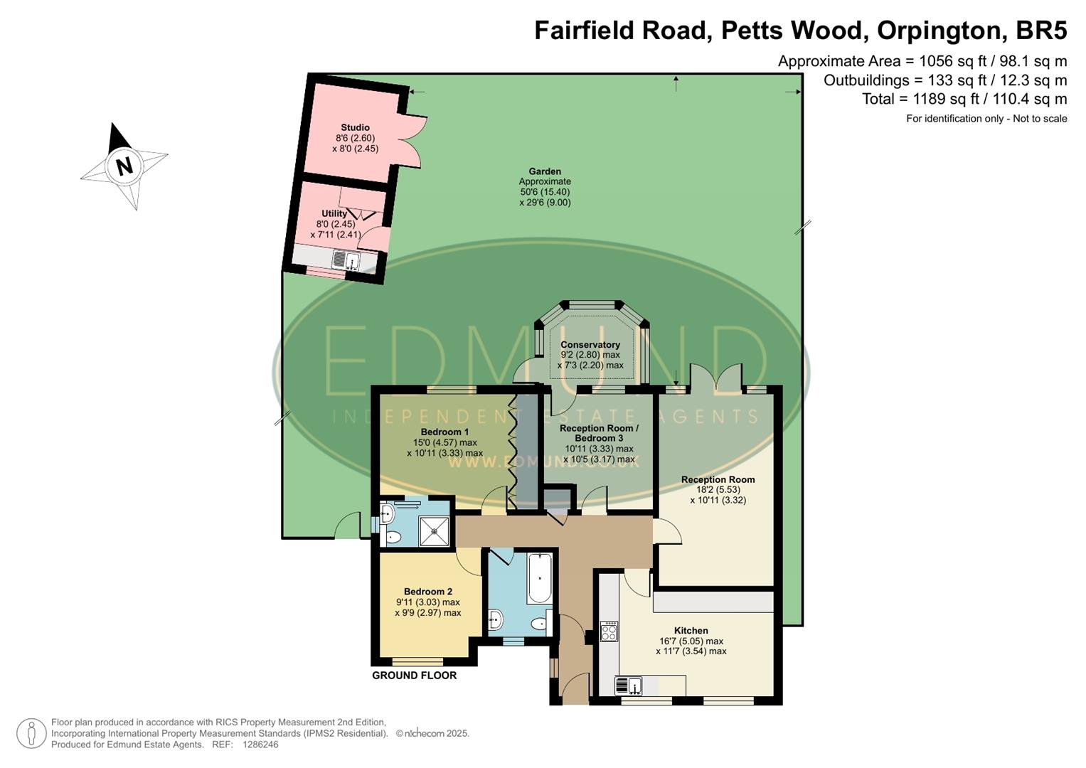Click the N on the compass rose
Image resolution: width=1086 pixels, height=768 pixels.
pyautogui.click(x=124, y=166)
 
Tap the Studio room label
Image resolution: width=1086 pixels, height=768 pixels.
pyautogui.click(x=355, y=128)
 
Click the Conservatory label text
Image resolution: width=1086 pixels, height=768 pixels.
pyautogui.click(x=590, y=345)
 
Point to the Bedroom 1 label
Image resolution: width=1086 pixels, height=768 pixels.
pyautogui.click(x=444, y=432)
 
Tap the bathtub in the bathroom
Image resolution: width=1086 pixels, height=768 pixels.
pyautogui.click(x=539, y=577)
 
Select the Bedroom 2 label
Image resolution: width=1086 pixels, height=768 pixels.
pyautogui.click(x=427, y=592)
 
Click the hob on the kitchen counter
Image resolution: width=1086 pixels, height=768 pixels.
pyautogui.click(x=609, y=631)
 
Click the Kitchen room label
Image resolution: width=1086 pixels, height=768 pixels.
pyautogui.click(x=691, y=631)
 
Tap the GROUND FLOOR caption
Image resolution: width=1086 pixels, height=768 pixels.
pyautogui.click(x=414, y=676)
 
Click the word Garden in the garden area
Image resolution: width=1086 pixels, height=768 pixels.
pyautogui.click(x=545, y=171)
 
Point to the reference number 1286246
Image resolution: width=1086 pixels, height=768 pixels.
pyautogui.click(x=260, y=745)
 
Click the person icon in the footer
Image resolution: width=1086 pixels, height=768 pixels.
pyautogui.click(x=31, y=733)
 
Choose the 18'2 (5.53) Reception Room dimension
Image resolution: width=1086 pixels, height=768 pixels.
pyautogui.click(x=718, y=490)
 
